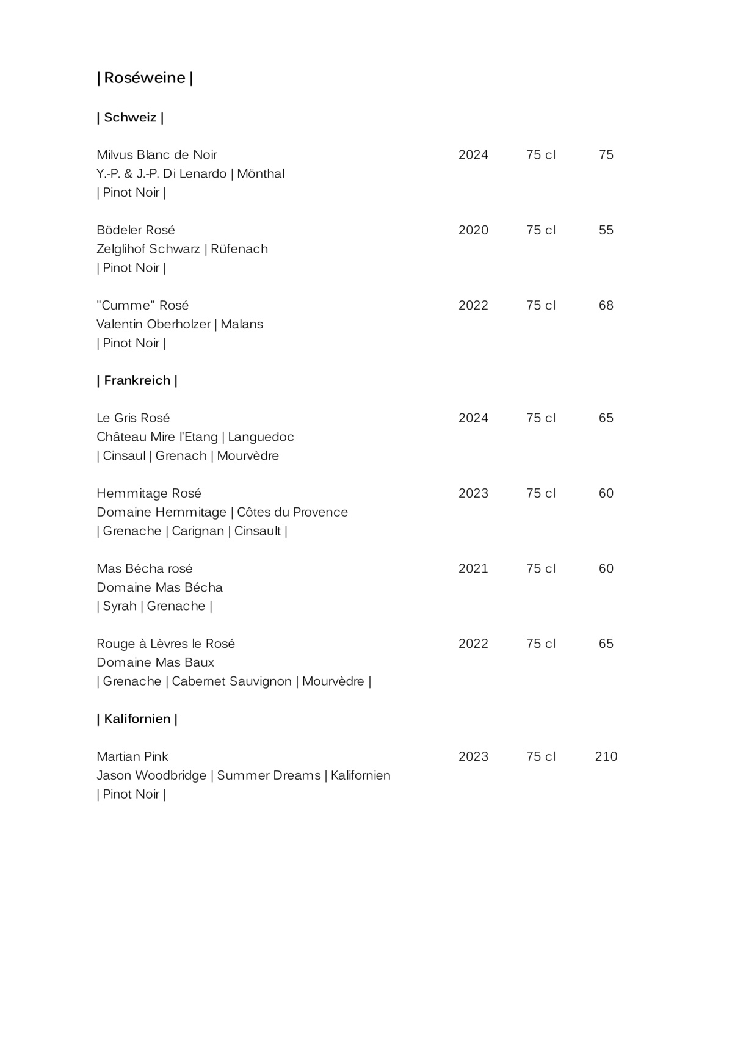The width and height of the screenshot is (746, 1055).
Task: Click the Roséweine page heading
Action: [145, 78]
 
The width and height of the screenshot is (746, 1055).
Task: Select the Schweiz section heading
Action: [130, 117]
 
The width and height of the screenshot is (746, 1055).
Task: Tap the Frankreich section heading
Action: [137, 380]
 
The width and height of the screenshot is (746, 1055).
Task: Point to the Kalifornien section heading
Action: [137, 719]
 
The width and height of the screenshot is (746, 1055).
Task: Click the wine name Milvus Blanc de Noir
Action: [157, 154]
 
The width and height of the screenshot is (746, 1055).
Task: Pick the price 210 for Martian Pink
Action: [606, 756]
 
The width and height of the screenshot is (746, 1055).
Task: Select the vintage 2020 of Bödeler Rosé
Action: [473, 230]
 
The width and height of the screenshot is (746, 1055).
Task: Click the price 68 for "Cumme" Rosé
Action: [606, 305]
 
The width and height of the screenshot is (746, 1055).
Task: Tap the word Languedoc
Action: [261, 437]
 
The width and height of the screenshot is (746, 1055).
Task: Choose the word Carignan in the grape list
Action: [198, 531]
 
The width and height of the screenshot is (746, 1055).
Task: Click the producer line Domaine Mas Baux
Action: [155, 662]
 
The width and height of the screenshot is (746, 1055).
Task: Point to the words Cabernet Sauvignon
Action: [231, 681]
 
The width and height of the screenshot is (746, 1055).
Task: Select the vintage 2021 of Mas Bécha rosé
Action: [473, 568]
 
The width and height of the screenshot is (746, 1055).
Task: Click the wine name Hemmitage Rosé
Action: [149, 493]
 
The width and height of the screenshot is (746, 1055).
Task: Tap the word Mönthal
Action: [261, 174]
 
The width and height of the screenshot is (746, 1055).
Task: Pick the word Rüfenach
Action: [239, 249]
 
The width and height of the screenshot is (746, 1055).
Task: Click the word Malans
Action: [242, 324]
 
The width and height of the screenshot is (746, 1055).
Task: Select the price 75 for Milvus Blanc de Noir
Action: [606, 155]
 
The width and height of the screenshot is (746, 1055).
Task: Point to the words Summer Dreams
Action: [269, 775]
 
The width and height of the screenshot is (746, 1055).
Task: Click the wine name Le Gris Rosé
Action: [133, 418]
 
